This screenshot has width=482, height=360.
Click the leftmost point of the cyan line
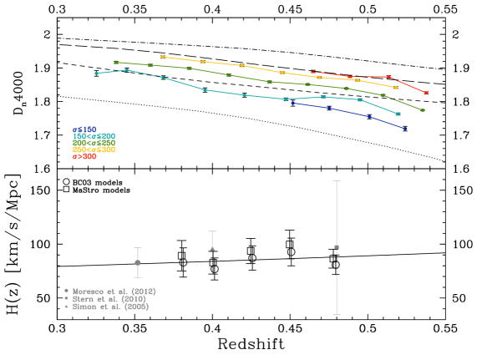coord(97,74)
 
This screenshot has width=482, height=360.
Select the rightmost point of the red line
coord(426,93)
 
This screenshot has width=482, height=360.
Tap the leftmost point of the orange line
coord(162,57)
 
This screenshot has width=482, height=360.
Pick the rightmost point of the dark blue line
coord(405,129)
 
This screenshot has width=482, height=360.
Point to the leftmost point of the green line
coord(115,62)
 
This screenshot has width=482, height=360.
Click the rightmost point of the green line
coord(423,109)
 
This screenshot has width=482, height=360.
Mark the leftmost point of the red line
coord(312,72)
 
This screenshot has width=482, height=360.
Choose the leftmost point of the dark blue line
coord(292,103)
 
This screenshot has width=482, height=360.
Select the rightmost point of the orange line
coord(396,87)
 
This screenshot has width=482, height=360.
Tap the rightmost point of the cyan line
coord(398,114)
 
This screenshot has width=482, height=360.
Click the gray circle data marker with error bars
coord(138,262)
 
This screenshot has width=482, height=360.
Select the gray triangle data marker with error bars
coord(212,248)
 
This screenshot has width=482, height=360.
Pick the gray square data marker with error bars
coord(337,247)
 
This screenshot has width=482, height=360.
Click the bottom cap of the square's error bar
coord(337,314)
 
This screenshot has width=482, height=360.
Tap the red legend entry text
coord(84,156)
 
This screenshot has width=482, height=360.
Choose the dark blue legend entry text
coord(84,129)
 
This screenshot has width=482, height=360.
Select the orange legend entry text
coord(94,150)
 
